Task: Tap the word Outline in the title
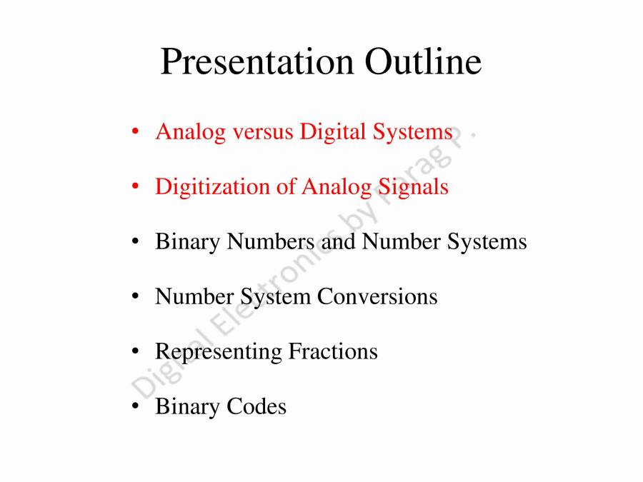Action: pyautogui.click(x=423, y=62)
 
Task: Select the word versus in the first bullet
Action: pyautogui.click(x=261, y=132)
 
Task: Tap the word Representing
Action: pyautogui.click(x=218, y=352)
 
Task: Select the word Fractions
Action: pyautogui.click(x=332, y=351)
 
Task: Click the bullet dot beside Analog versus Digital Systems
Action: pyautogui.click(x=135, y=132)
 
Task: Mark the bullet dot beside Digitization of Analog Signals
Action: pyautogui.click(x=135, y=187)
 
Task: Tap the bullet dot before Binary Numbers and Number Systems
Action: pyautogui.click(x=135, y=242)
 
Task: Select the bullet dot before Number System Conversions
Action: pyautogui.click(x=135, y=297)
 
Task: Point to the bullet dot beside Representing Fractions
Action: pyautogui.click(x=135, y=352)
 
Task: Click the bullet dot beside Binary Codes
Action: pyautogui.click(x=135, y=407)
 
